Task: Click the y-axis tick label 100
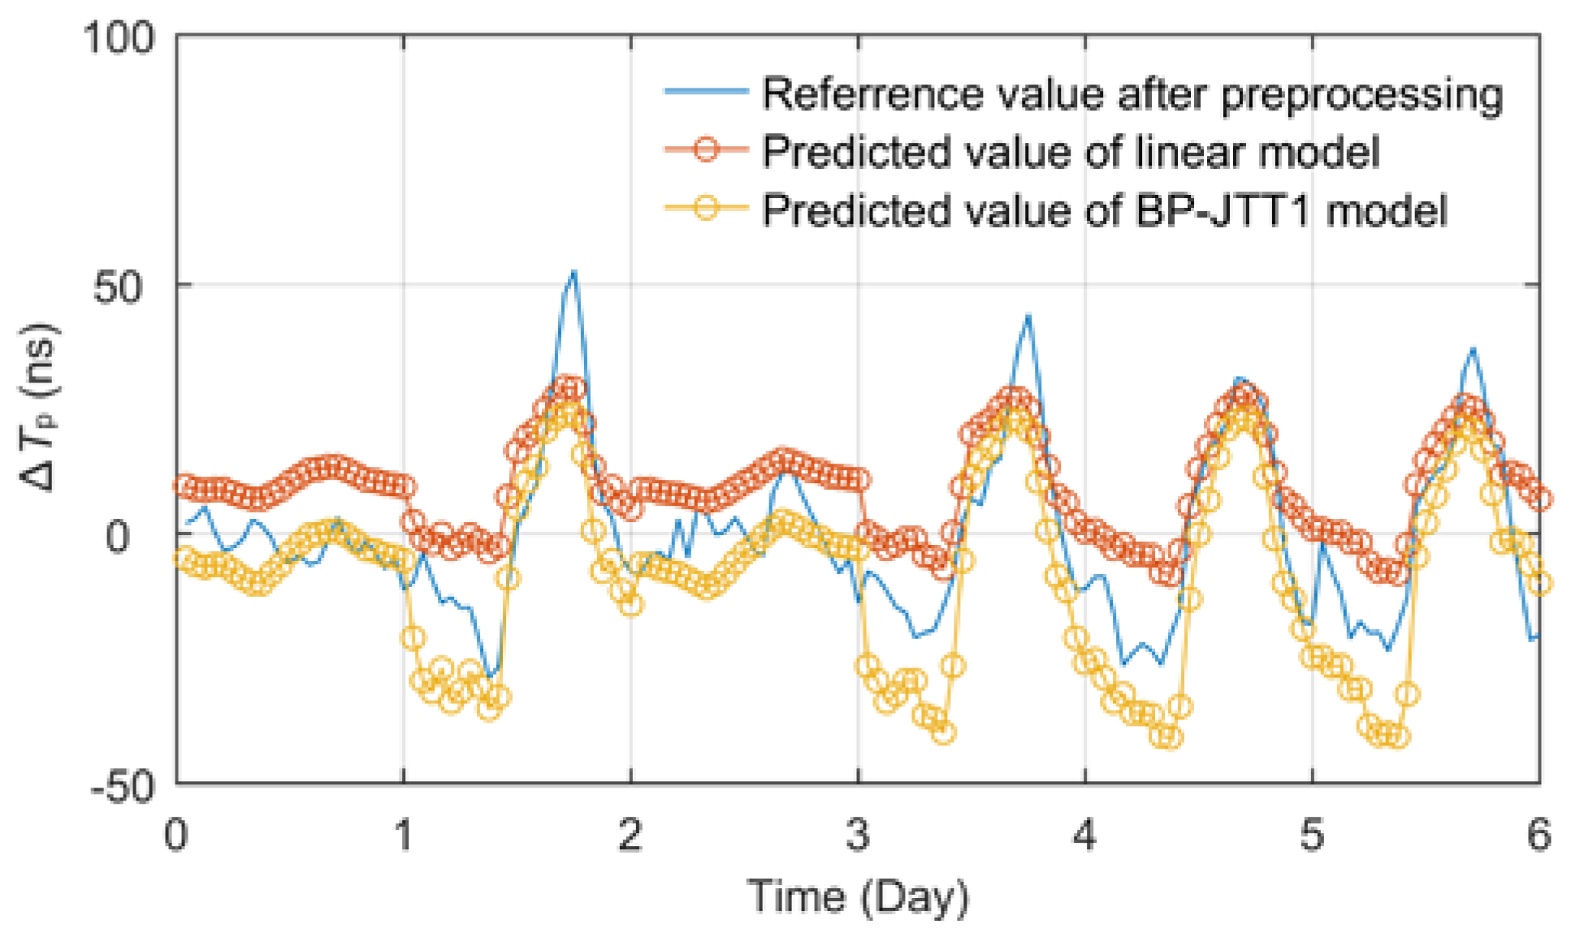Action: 119,37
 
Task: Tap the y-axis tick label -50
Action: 122,786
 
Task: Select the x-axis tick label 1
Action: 404,834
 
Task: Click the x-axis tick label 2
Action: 630,834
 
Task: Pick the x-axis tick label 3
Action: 858,834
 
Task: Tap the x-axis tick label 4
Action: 1084,834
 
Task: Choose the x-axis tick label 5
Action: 1311,834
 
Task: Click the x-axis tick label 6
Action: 1539,834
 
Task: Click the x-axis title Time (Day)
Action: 858,896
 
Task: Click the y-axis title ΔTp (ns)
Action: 38,408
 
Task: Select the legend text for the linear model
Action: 1071,151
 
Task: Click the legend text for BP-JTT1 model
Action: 1105,209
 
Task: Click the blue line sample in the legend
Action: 705,91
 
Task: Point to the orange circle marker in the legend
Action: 706,149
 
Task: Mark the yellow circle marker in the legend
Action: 706,208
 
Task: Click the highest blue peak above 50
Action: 573,271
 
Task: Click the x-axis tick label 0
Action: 176,834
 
